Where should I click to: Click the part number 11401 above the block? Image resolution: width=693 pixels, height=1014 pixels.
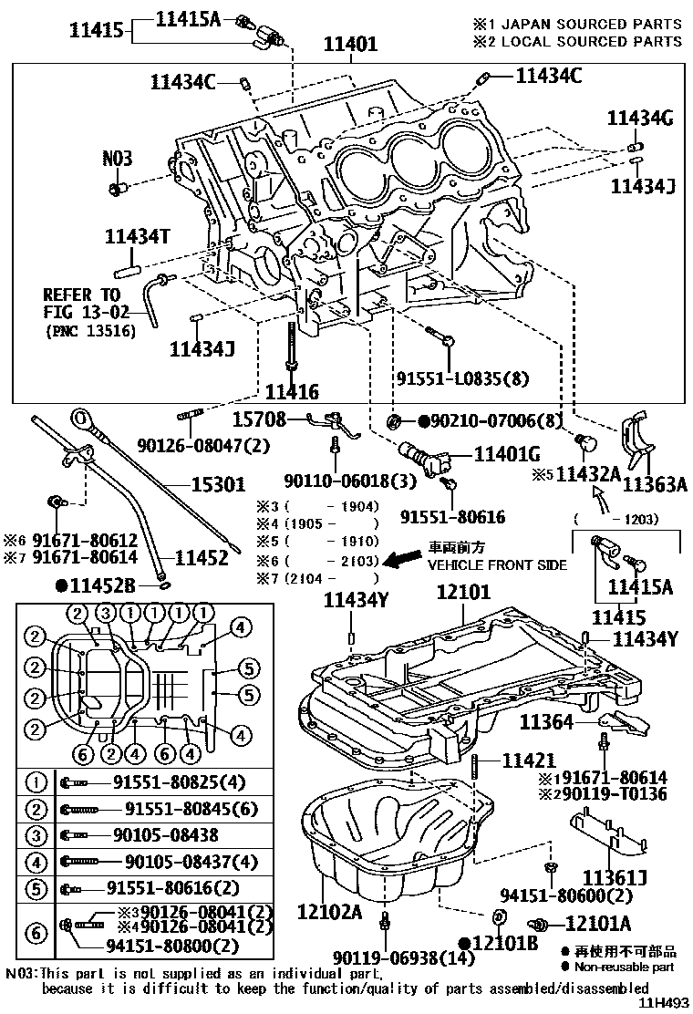(352, 44)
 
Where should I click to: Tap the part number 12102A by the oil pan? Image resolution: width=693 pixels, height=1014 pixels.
(329, 910)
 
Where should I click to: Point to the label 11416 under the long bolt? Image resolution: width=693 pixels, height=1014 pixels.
(292, 393)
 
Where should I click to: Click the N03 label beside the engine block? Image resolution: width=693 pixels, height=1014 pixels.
(117, 159)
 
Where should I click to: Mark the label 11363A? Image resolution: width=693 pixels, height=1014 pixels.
(656, 484)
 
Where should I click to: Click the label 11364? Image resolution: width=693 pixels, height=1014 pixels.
(546, 722)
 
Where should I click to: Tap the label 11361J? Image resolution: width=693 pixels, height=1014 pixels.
(615, 877)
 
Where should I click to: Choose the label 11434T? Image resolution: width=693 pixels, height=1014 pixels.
(138, 237)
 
